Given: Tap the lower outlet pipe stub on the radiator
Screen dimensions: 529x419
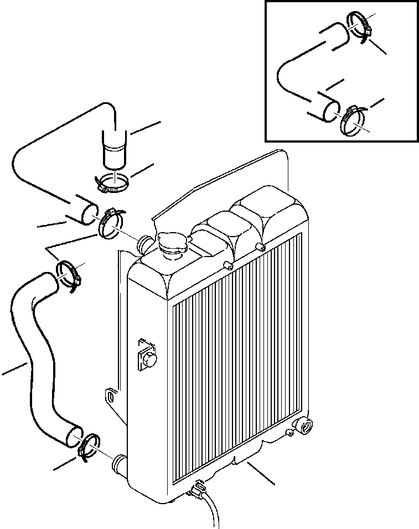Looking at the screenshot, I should coord(120,462).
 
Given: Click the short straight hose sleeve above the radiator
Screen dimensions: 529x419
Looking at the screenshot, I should coord(115,148).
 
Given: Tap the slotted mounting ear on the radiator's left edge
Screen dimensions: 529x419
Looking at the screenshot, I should coord(111,397).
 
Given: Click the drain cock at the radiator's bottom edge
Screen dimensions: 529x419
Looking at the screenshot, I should coord(196,488).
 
